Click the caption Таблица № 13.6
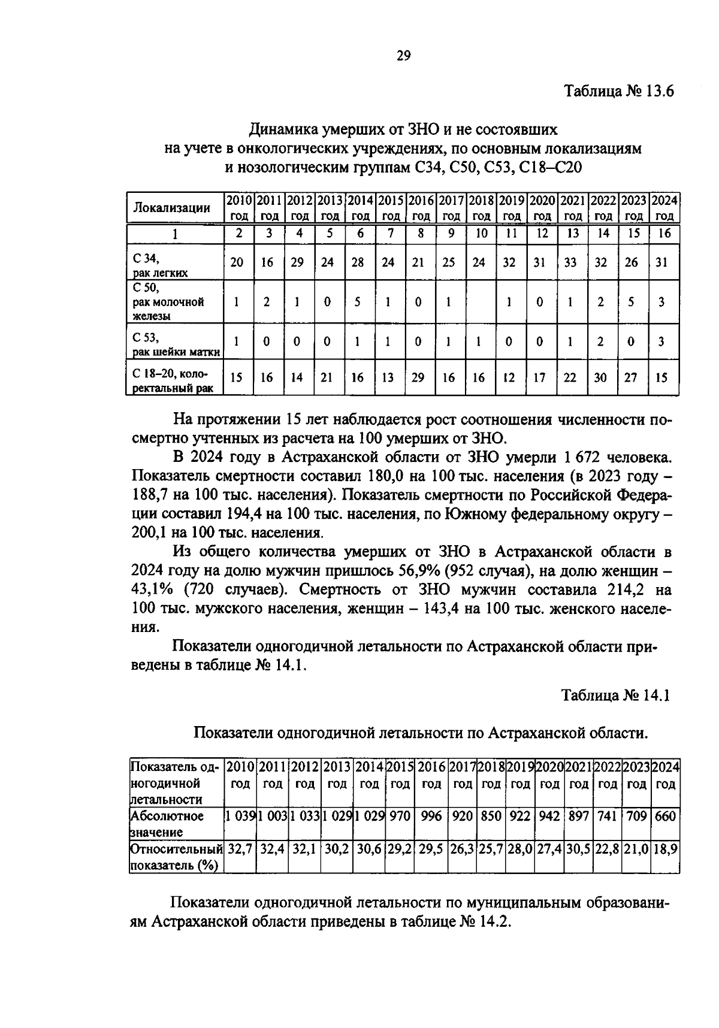pos(619,92)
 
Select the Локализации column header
pos(171,208)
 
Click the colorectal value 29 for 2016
pos(418,377)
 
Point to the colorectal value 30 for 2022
pos(600,377)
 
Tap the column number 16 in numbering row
pos(664,234)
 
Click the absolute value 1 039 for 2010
pos(240,816)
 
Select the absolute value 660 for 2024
pos(665,816)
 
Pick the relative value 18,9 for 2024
pos(665,849)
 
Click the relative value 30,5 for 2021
pos(578,849)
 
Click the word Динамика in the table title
pos(285,129)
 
